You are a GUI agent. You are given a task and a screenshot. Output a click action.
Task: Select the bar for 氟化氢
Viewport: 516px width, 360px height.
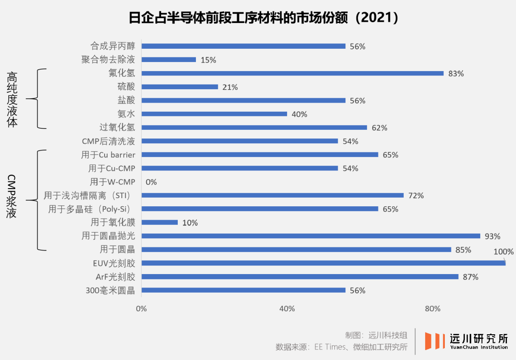point(292,74)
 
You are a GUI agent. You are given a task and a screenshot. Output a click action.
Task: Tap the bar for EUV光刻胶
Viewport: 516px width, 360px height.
point(323,263)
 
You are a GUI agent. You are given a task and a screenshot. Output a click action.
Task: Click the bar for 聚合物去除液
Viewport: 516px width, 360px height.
point(169,60)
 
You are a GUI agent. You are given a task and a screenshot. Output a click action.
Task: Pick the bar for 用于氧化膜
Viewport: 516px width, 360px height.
point(160,222)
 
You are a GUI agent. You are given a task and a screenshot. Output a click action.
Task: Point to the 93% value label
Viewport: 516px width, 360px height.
point(492,236)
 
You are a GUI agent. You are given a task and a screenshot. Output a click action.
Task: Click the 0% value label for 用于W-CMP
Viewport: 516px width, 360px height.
point(151,182)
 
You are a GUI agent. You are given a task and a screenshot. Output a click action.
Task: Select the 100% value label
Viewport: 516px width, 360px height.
point(504,252)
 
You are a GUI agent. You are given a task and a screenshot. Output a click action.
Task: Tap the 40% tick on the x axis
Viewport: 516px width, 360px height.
point(287,309)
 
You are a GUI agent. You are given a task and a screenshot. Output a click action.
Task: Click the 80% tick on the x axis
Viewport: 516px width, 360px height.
point(432,309)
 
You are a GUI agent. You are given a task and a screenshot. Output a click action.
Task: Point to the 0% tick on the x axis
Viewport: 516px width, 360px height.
point(141,309)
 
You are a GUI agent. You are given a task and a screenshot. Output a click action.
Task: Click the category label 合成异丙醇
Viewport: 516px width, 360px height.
point(113,46)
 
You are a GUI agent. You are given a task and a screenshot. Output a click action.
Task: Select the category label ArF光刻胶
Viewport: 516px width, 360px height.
point(115,277)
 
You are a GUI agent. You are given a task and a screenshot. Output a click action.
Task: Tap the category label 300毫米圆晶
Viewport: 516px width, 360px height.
point(110,290)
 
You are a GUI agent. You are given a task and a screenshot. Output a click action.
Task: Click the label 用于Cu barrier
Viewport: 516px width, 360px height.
point(108,155)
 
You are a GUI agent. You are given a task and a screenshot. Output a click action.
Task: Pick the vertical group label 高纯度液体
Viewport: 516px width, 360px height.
point(12,99)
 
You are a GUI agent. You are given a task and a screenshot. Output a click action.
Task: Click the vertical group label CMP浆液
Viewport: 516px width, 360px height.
point(12,196)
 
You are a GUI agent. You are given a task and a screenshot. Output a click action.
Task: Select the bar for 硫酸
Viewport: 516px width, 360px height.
point(180,87)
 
